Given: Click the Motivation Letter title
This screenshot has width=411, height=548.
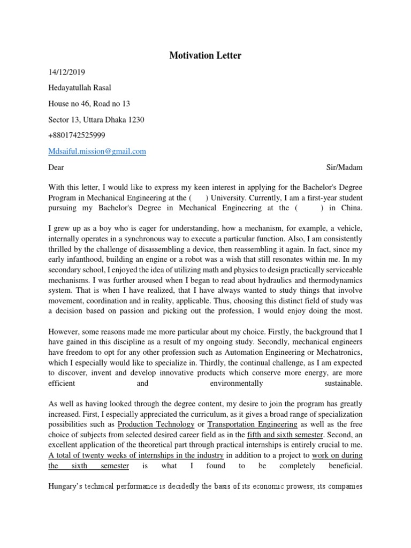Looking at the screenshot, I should tap(205, 56).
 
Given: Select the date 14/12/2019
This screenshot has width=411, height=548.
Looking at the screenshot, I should tap(67, 72).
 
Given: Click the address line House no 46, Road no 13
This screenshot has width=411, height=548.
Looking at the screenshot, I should tap(89, 104).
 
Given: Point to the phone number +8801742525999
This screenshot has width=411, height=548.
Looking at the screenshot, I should tap(77, 135).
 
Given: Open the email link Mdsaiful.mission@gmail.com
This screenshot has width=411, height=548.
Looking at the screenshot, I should tap(97, 151).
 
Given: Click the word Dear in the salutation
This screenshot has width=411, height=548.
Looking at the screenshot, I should tap(56, 168).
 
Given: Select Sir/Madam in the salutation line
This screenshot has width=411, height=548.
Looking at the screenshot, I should tap(344, 168).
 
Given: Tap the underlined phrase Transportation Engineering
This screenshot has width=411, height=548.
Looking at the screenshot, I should tap(252, 424).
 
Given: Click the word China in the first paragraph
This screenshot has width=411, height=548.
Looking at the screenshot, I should tap(352, 208).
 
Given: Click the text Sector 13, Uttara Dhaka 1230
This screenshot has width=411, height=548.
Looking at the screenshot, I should tap(96, 119).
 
